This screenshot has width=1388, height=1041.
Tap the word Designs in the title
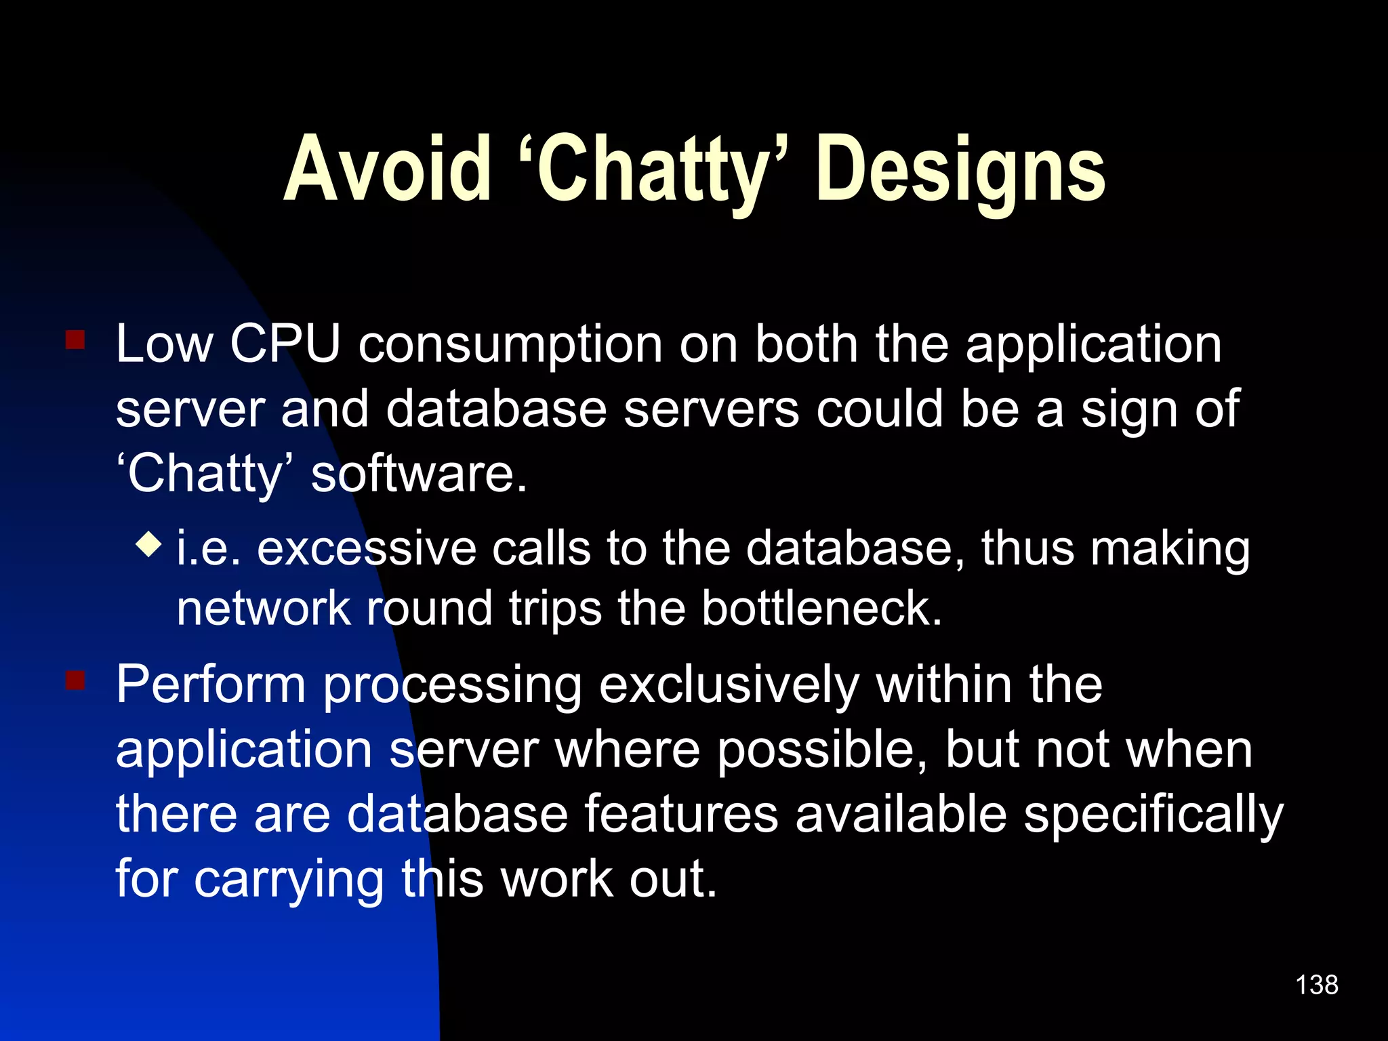point(961,169)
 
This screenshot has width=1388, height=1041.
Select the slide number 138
point(1316,985)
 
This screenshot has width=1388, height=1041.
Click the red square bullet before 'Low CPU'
point(75,340)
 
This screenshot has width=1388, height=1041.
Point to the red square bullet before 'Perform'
point(75,680)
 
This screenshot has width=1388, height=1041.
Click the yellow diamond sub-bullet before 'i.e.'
point(148,544)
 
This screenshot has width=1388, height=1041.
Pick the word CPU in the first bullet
point(285,344)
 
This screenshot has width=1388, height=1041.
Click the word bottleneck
point(821,607)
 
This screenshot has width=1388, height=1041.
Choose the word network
point(263,607)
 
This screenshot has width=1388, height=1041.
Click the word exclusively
point(729,686)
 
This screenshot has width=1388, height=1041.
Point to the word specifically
point(1153,815)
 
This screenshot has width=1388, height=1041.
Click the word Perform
point(211,685)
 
